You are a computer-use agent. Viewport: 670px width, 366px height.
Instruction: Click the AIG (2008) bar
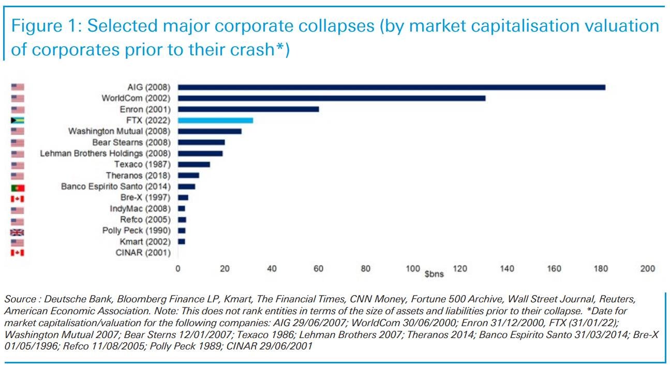click(x=391, y=87)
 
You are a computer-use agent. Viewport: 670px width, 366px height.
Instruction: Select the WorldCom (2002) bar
click(x=331, y=98)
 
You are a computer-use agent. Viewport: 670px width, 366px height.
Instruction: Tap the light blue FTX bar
click(x=215, y=120)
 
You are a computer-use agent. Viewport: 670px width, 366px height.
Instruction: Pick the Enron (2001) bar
click(x=248, y=109)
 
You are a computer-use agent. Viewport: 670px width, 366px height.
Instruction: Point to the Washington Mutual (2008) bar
click(x=210, y=131)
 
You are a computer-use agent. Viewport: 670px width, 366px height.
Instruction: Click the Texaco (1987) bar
click(x=193, y=164)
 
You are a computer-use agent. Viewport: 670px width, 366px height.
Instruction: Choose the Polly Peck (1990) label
click(x=137, y=230)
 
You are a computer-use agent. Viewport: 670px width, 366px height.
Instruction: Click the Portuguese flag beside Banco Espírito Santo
click(x=18, y=187)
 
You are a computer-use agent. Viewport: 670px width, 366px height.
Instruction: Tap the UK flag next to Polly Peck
click(x=18, y=231)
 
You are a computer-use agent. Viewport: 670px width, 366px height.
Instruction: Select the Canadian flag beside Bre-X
click(x=18, y=198)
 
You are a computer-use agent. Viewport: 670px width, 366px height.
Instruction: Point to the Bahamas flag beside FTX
click(x=18, y=121)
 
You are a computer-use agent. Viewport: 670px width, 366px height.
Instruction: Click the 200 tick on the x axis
click(x=647, y=269)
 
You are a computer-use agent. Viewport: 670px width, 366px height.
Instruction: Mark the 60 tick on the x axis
click(x=319, y=269)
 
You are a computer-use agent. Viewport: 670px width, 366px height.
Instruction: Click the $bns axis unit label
click(x=434, y=274)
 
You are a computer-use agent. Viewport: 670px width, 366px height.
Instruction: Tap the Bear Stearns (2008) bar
click(x=201, y=142)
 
